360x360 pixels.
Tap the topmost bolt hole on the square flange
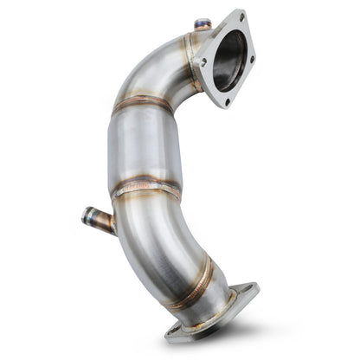(x=240, y=16)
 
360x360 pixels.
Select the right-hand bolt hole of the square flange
(x=252, y=60)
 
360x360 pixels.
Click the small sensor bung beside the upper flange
(x=203, y=26)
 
